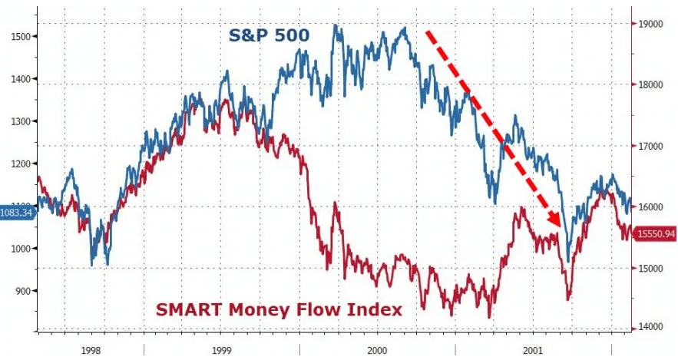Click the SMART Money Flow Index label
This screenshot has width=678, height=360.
279,309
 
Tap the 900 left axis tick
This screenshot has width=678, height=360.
21,291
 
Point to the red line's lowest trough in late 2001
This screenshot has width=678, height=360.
569,299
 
